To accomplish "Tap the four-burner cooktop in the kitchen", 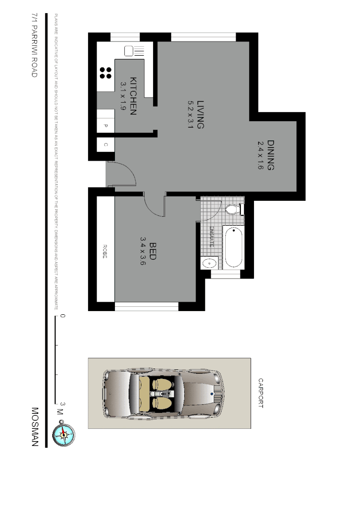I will (106, 73).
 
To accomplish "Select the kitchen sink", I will (133, 51).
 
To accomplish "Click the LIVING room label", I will (201, 115).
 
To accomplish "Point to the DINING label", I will (270, 155).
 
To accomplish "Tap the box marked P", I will (106, 126).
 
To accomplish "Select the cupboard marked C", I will (106, 145).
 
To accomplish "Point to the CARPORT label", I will (260, 392).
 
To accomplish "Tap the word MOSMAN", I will (34, 427).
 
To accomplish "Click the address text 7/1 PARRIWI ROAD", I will (34, 46).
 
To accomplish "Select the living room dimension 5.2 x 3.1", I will (190, 115).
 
